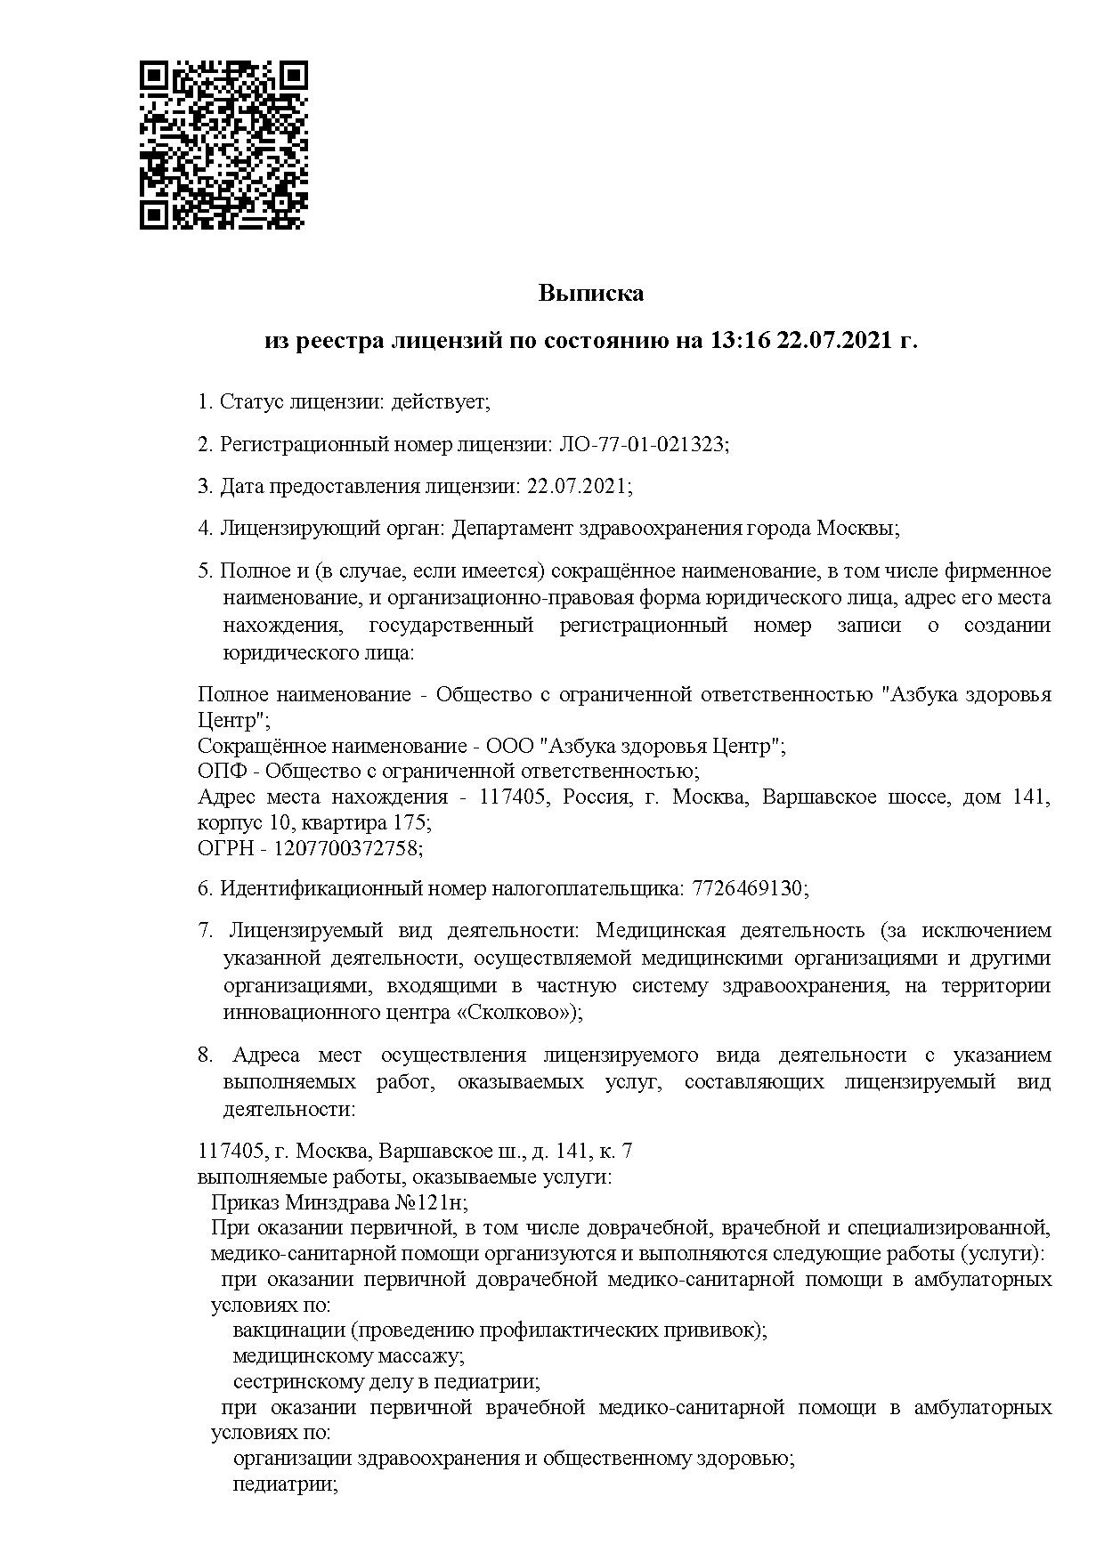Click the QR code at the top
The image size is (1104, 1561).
point(223,145)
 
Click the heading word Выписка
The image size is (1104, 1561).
point(590,293)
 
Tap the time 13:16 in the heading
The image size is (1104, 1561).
point(738,341)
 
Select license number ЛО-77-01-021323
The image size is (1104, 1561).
point(642,444)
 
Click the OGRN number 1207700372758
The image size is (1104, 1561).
point(346,848)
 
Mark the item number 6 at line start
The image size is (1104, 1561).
point(205,888)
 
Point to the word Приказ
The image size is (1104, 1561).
point(244,1202)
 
